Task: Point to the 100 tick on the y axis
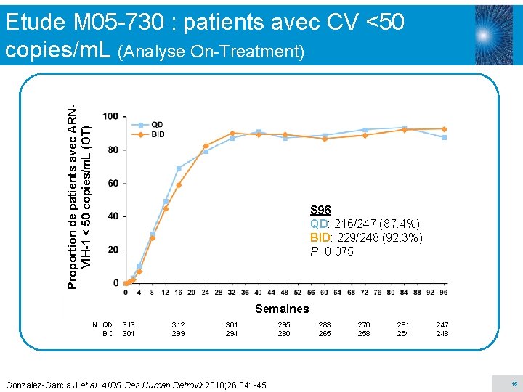[x=111, y=117]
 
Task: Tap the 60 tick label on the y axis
[x=113, y=184]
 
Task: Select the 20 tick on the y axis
[x=113, y=250]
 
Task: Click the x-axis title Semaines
[x=281, y=309]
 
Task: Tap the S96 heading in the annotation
[x=320, y=211]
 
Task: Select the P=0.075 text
[x=331, y=252]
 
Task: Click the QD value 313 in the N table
[x=129, y=325]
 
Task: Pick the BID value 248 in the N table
[x=442, y=334]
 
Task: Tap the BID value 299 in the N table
[x=178, y=334]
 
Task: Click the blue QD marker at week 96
[x=444, y=137]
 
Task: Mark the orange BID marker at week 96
[x=444, y=129]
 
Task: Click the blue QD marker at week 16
[x=179, y=168]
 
